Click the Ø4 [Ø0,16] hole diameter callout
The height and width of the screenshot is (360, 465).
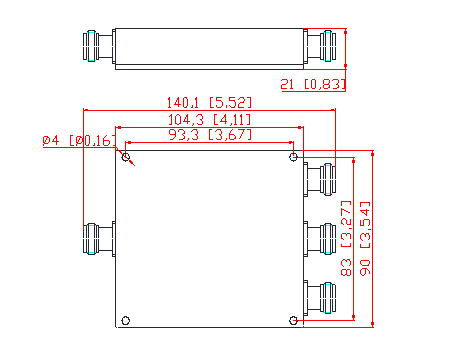point(79,141)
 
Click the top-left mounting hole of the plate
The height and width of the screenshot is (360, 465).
point(126,157)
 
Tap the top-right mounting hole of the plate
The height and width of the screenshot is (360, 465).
point(293,157)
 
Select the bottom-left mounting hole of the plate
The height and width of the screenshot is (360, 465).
point(126,321)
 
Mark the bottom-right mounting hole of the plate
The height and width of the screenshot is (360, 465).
point(293,321)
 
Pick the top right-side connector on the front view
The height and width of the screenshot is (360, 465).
point(320,179)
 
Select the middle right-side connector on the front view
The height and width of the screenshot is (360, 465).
point(320,239)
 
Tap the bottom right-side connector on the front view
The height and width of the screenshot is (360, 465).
point(320,298)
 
